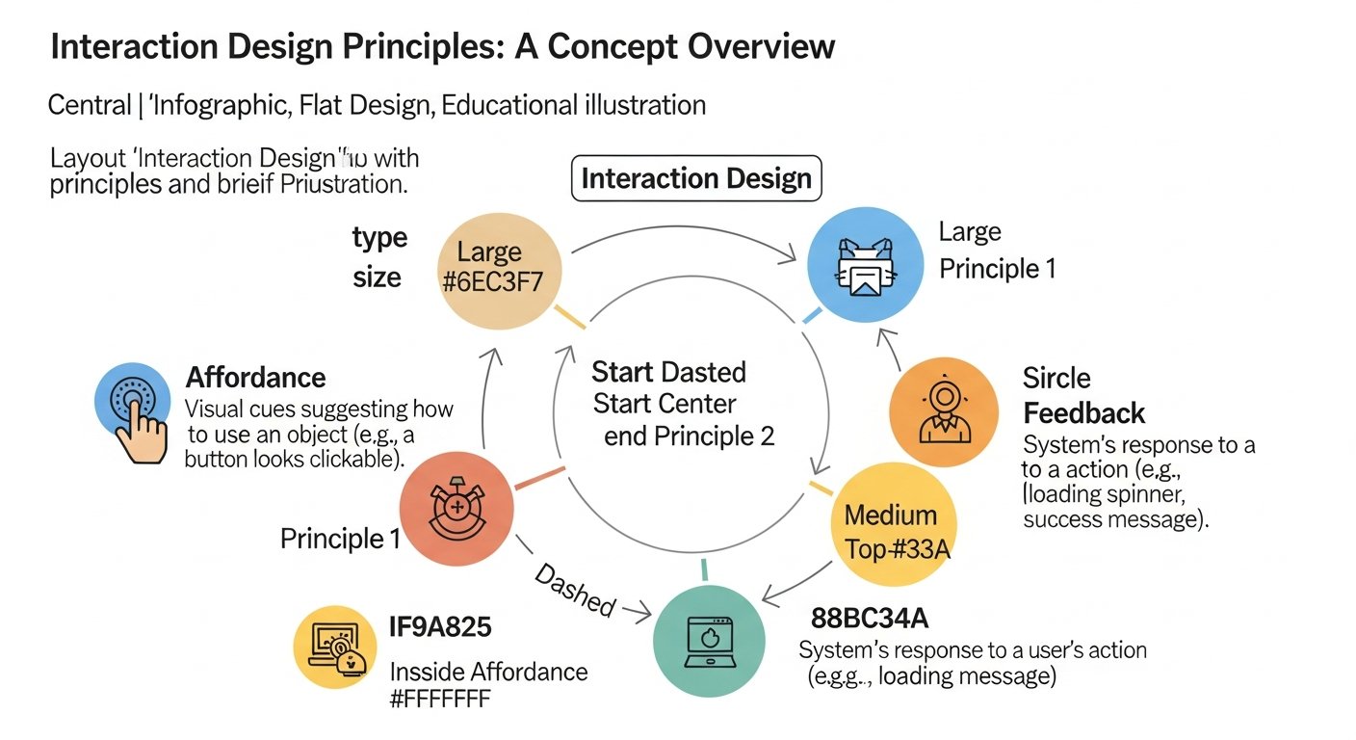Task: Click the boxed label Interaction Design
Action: tap(696, 178)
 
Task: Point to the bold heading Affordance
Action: tap(255, 378)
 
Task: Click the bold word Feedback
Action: tap(1083, 413)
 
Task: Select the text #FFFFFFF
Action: tap(439, 700)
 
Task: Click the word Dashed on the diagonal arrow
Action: tap(575, 590)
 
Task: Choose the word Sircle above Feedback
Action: tap(1056, 379)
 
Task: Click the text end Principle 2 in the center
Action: tap(689, 436)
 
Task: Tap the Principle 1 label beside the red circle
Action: tap(340, 539)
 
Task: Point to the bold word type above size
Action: tap(379, 237)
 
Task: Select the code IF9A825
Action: tap(440, 627)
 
